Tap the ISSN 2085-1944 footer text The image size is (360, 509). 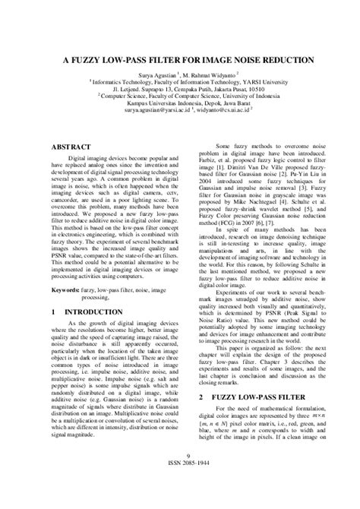pos(181,488)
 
